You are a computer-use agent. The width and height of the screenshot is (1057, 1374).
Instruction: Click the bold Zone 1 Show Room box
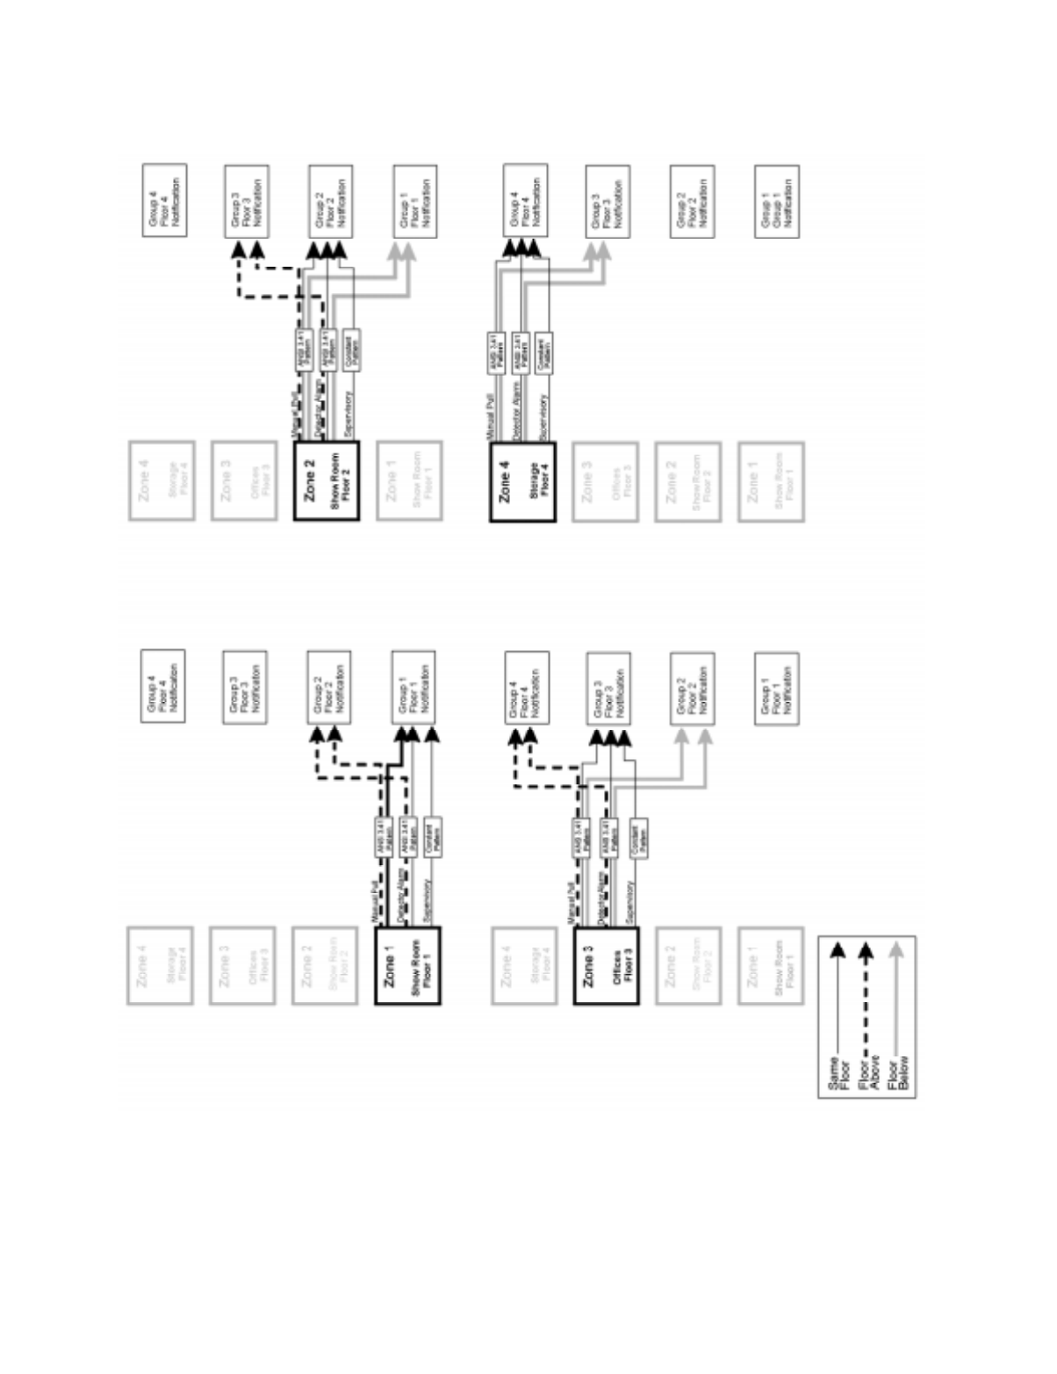coord(407,966)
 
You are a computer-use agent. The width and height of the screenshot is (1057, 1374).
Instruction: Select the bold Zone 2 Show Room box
coord(326,481)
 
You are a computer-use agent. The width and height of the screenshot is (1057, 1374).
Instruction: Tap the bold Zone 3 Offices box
coord(606,966)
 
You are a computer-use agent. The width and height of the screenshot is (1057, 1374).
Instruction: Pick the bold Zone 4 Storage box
coord(522,482)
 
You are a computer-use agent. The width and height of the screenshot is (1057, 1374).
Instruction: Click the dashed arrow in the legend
coord(866,1000)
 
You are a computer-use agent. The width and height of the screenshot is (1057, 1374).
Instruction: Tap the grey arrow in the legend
coord(896,1000)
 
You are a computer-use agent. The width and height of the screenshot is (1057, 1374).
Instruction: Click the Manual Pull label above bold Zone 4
coord(491,417)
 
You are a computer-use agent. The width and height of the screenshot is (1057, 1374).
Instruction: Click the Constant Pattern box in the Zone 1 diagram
coord(432,837)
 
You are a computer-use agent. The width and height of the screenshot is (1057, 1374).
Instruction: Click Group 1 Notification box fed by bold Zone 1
coord(413,687)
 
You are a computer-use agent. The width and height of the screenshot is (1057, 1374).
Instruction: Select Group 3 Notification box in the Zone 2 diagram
coord(247,201)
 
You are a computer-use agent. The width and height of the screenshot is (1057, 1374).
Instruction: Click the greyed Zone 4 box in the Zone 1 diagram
coord(160,966)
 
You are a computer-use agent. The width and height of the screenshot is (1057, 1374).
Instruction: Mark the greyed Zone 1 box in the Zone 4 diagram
coord(771,482)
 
